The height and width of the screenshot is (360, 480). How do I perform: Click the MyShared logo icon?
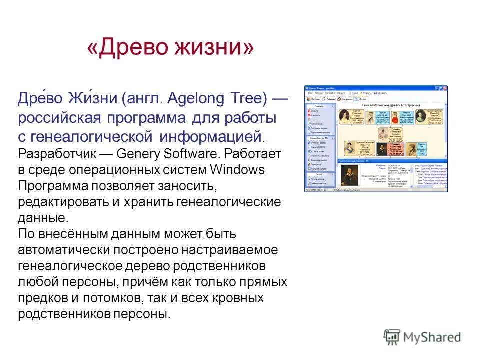(x=392, y=337)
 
